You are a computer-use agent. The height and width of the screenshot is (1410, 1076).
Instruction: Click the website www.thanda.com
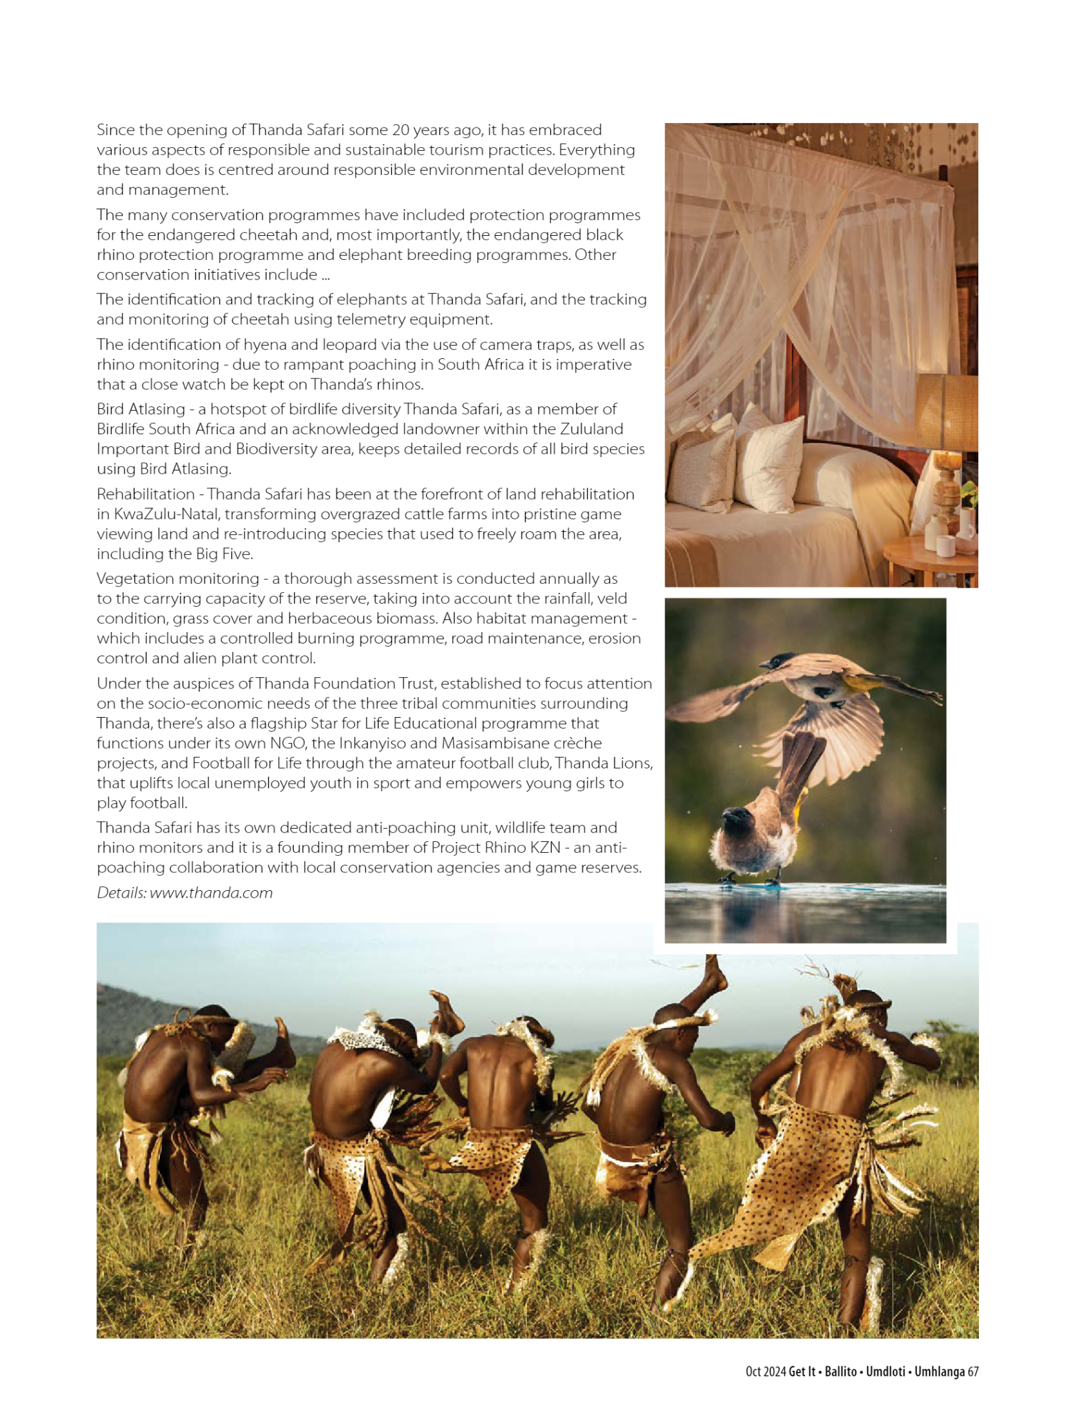click(211, 893)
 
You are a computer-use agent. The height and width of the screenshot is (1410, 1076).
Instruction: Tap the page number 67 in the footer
click(973, 1371)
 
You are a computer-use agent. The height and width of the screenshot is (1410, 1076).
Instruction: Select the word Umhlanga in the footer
click(939, 1371)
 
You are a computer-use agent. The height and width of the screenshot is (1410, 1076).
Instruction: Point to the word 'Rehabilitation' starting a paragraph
click(145, 495)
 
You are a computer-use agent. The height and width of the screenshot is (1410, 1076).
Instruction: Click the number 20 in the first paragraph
click(400, 130)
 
